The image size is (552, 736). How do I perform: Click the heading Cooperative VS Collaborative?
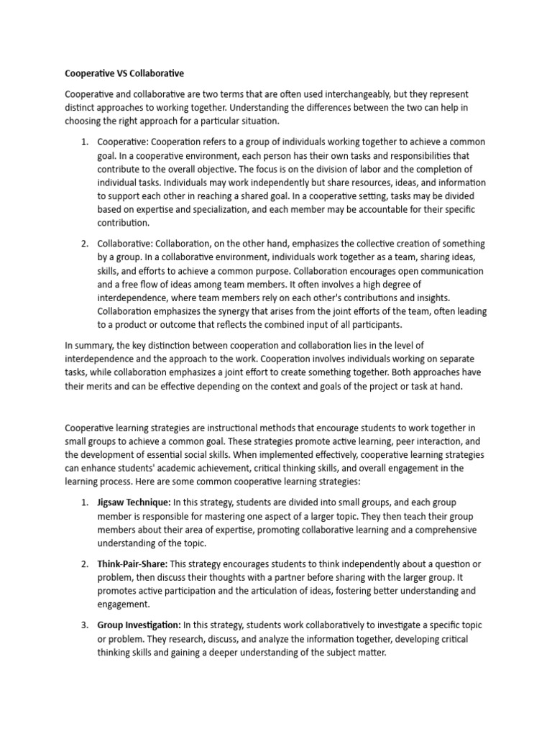(x=124, y=73)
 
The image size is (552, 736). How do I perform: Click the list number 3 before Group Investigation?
(x=84, y=624)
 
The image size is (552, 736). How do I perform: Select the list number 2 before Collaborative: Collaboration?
(x=84, y=244)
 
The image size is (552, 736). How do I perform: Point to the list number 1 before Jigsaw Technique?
(x=84, y=502)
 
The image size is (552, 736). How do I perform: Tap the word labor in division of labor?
(x=365, y=169)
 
